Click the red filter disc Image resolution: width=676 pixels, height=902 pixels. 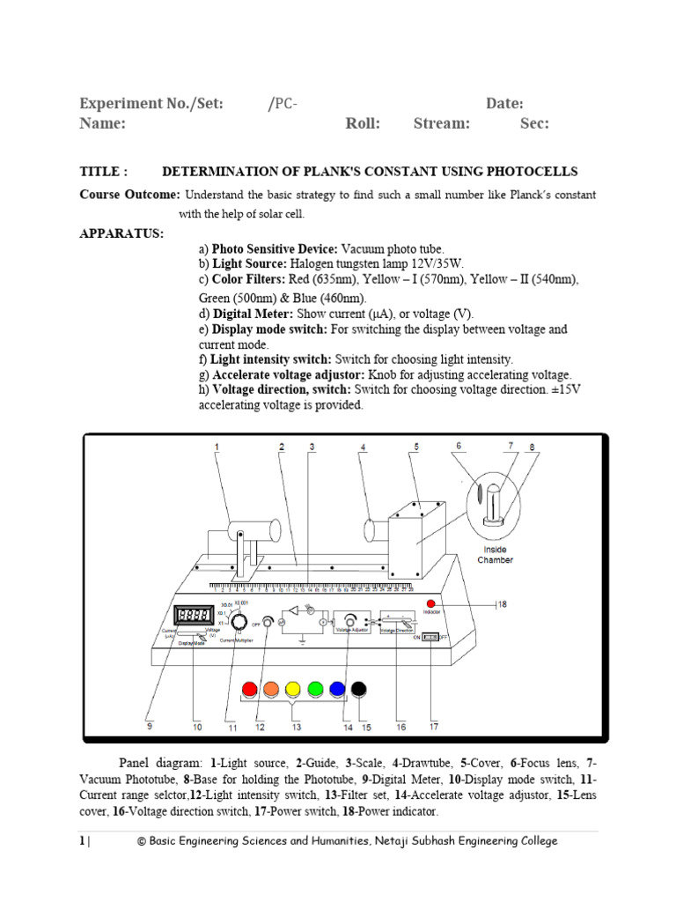coord(249,690)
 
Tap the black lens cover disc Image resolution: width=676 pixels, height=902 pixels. coord(359,690)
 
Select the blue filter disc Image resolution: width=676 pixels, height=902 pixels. coord(337,690)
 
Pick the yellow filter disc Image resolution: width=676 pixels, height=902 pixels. coord(293,690)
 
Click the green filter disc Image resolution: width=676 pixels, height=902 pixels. coord(315,690)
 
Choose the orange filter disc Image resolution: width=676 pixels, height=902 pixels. coord(271,690)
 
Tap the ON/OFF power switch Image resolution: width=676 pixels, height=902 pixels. coord(430,636)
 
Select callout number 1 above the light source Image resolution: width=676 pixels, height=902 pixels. coord(217,447)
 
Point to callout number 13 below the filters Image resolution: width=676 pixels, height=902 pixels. coord(297,728)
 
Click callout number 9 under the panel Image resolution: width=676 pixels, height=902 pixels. coord(149,728)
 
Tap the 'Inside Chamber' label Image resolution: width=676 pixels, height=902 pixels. coord(495,555)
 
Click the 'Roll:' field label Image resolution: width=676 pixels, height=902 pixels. coord(363,124)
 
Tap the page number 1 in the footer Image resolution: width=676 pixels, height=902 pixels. coord(82,841)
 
